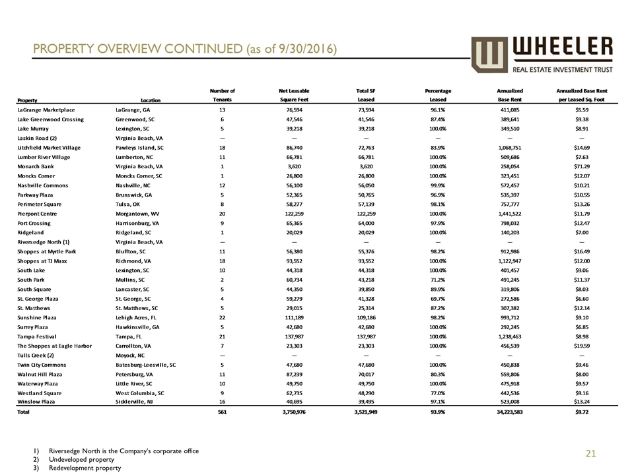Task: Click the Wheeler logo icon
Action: [489, 55]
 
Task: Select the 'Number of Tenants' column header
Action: [222, 95]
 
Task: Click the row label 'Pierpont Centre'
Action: [40, 214]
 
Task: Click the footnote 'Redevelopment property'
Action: [90, 468]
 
